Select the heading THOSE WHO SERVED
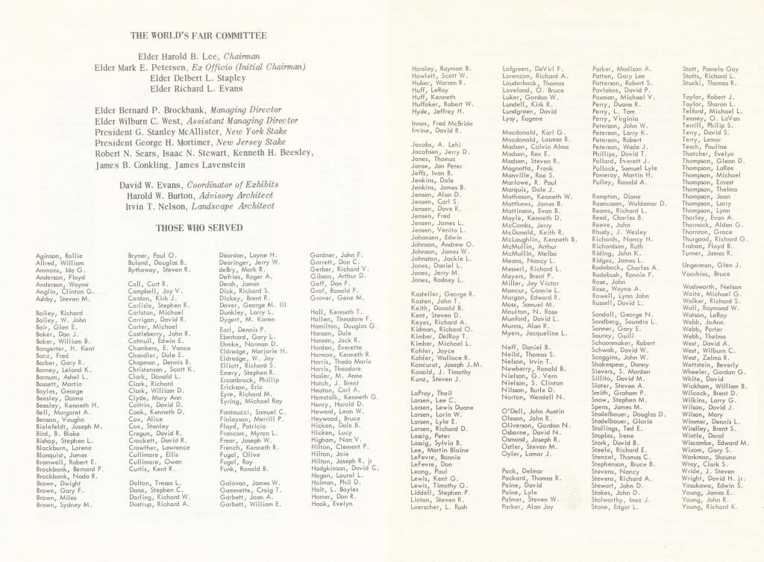tap(198, 227)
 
